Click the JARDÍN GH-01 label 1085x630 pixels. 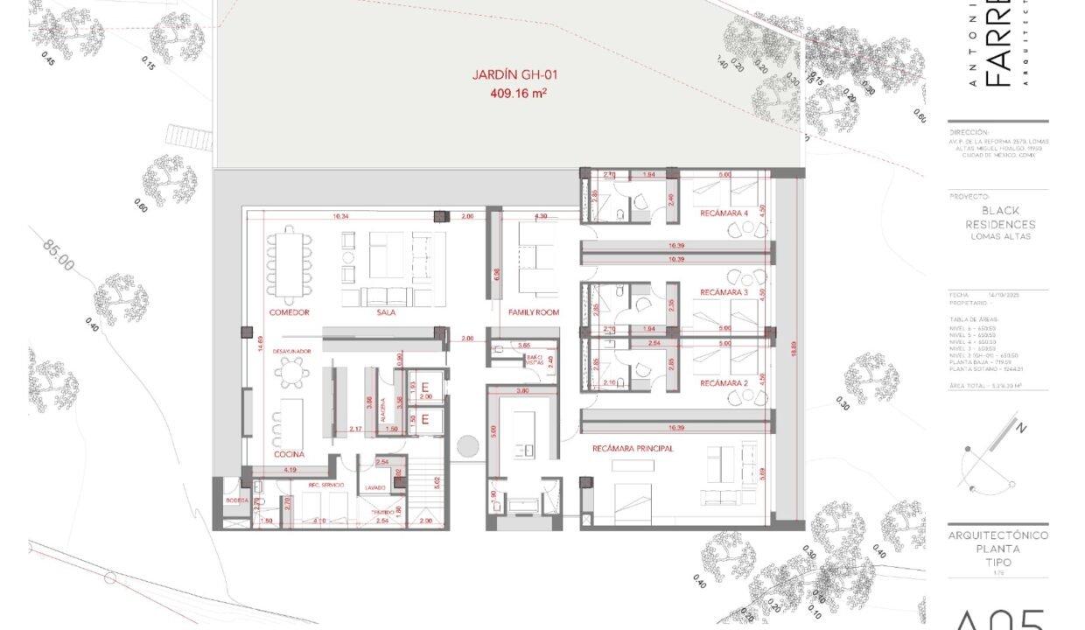(514, 75)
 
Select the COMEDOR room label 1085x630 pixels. (289, 312)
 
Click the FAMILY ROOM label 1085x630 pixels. (534, 312)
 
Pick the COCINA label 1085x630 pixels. (288, 454)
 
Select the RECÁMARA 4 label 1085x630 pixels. (724, 213)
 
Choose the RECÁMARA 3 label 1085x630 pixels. (724, 292)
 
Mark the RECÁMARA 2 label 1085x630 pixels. (724, 383)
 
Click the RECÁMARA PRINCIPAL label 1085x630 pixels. (633, 448)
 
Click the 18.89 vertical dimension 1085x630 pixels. (794, 350)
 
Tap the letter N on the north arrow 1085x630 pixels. (1019, 428)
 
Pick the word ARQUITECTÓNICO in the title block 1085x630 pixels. (998, 535)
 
